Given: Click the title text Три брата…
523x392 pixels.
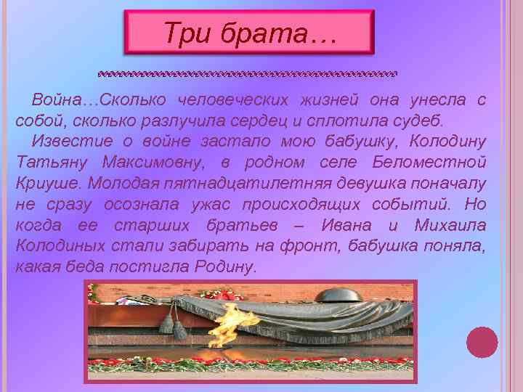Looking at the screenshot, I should tap(249, 33).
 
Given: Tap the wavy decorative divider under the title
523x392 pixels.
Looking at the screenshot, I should tap(249, 74).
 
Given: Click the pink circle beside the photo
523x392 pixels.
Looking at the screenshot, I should tap(482, 342).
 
